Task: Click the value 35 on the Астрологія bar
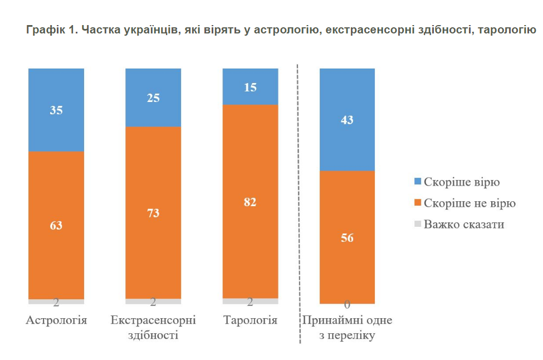click(x=56, y=110)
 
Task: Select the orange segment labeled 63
click(x=56, y=226)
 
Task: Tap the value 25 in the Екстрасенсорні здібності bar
click(x=153, y=98)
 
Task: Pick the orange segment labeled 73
click(x=153, y=212)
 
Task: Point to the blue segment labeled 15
click(x=250, y=87)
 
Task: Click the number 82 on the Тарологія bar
click(x=250, y=202)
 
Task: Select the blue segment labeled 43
click(x=347, y=120)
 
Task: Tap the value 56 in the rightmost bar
click(x=347, y=237)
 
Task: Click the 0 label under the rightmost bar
click(x=347, y=305)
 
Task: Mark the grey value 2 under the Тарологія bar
click(x=250, y=302)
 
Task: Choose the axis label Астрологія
click(x=56, y=321)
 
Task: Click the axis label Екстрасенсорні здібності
click(x=153, y=328)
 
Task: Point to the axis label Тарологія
click(x=250, y=321)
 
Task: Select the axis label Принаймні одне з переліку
click(x=347, y=328)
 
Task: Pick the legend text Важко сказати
click(x=464, y=225)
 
